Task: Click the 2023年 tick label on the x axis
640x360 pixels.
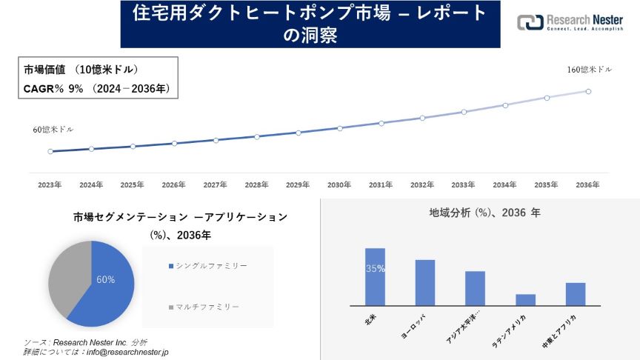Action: coord(50,184)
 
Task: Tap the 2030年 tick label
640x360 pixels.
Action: coord(339,184)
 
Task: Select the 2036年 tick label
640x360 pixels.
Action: coord(587,184)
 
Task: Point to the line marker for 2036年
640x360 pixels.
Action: coord(588,91)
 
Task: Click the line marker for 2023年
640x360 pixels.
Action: coord(50,151)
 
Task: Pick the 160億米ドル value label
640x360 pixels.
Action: coord(589,70)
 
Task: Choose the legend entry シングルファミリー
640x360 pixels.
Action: coord(210,265)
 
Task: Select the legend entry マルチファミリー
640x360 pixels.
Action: coord(207,306)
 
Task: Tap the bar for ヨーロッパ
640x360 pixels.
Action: coord(425,282)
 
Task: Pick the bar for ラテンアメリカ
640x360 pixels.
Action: coord(525,299)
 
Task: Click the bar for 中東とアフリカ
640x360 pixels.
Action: coord(576,293)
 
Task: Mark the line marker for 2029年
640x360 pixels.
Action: coord(298,133)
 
